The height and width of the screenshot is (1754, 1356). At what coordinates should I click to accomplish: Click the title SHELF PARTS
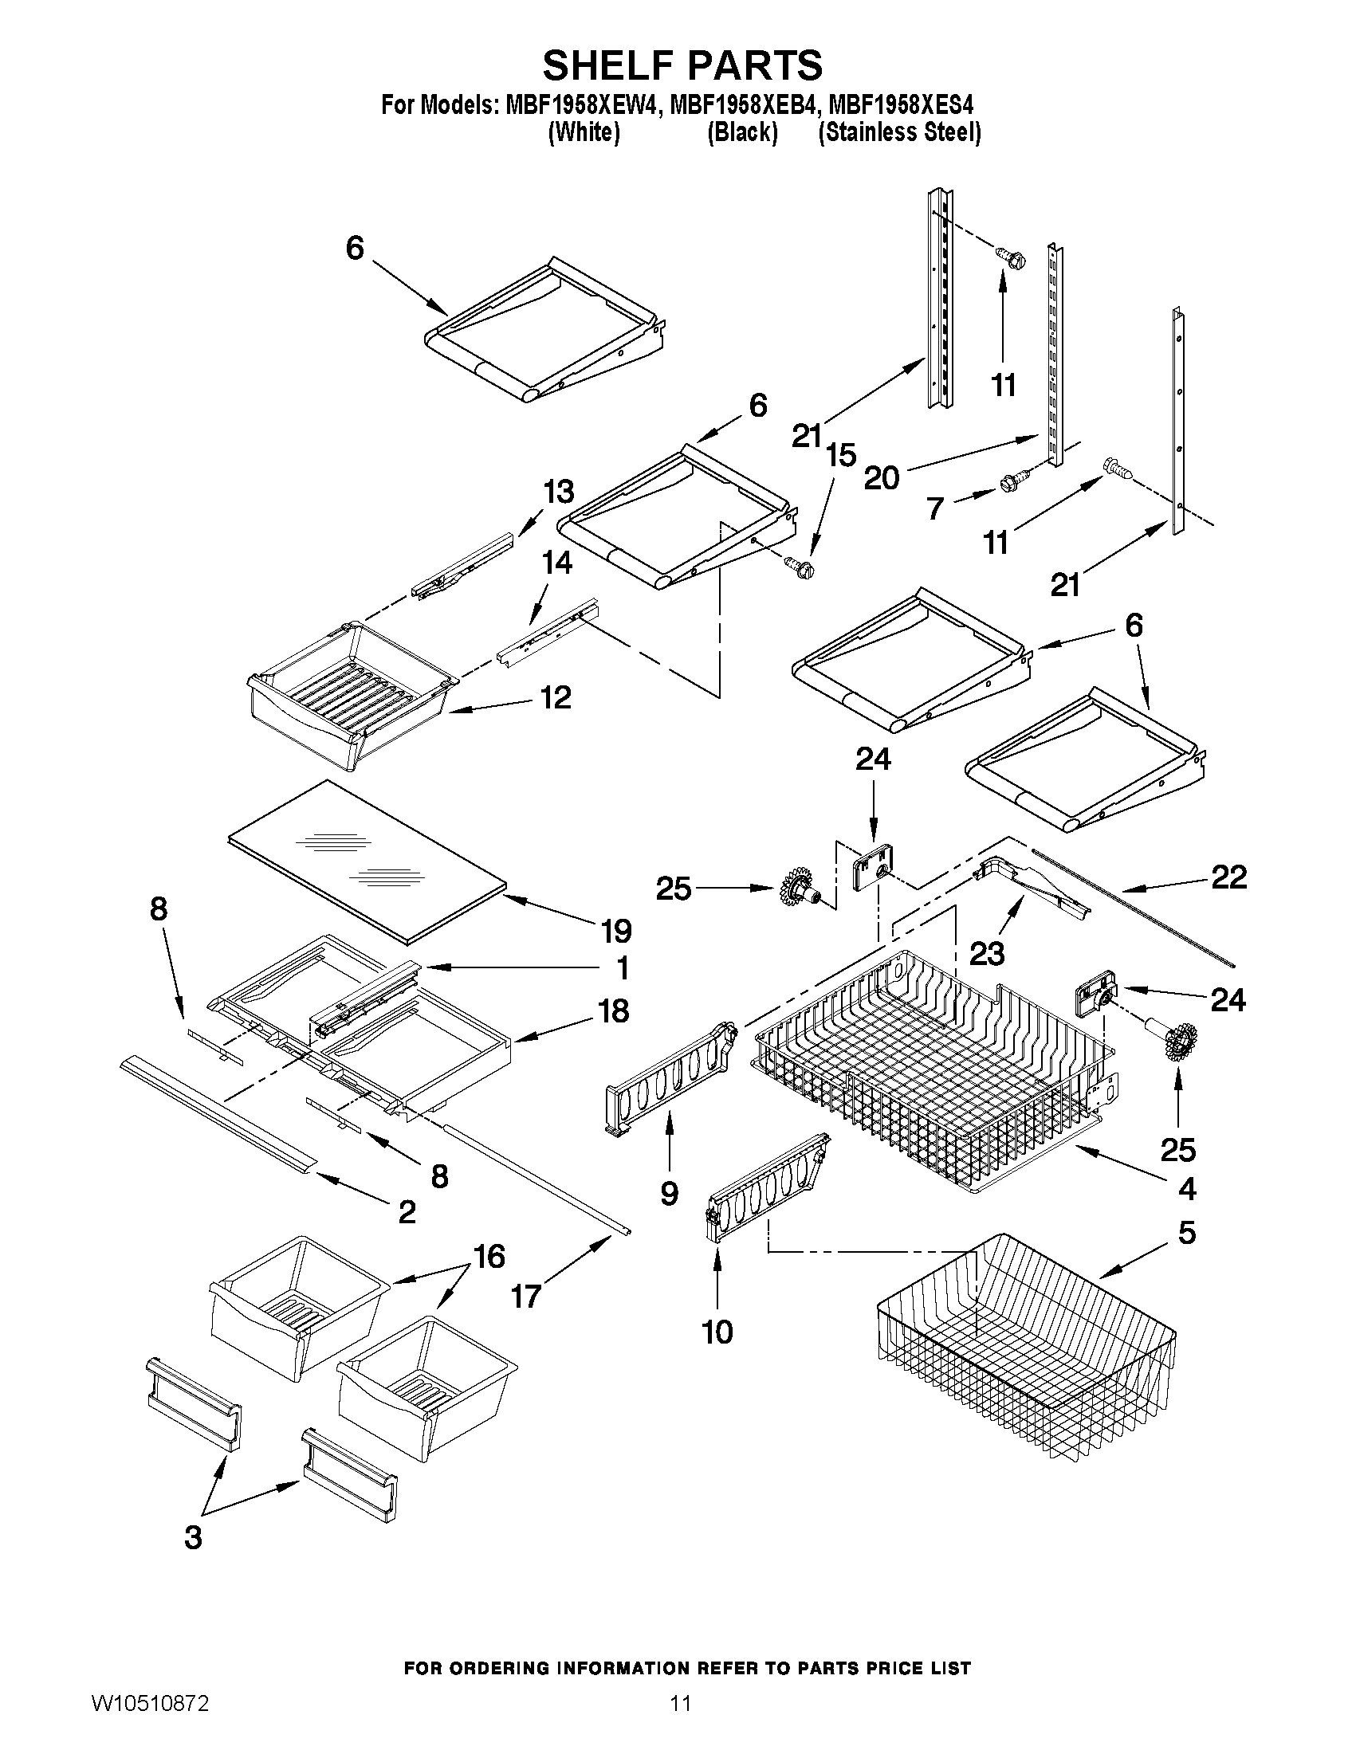coord(682,66)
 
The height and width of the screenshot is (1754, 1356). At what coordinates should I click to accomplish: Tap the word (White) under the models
coord(584,132)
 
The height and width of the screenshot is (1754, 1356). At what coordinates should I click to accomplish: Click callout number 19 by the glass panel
coord(616,931)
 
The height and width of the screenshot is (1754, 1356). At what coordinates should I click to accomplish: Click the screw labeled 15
coord(800,568)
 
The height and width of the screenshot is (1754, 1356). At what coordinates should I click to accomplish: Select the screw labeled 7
coord(1008,483)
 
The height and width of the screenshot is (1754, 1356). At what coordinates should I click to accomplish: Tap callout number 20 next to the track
coord(881,479)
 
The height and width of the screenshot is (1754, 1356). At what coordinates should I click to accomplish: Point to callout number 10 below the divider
coord(717,1332)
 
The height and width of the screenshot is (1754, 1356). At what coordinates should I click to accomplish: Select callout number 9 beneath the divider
coord(669,1194)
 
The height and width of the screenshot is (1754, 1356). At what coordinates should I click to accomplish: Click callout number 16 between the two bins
coord(489,1256)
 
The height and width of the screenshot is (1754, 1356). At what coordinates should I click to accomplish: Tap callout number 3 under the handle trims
coord(193,1537)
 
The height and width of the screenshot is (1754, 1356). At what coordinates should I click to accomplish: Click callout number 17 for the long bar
coord(526,1297)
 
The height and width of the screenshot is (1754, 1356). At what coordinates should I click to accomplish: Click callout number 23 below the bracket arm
coord(986,953)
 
